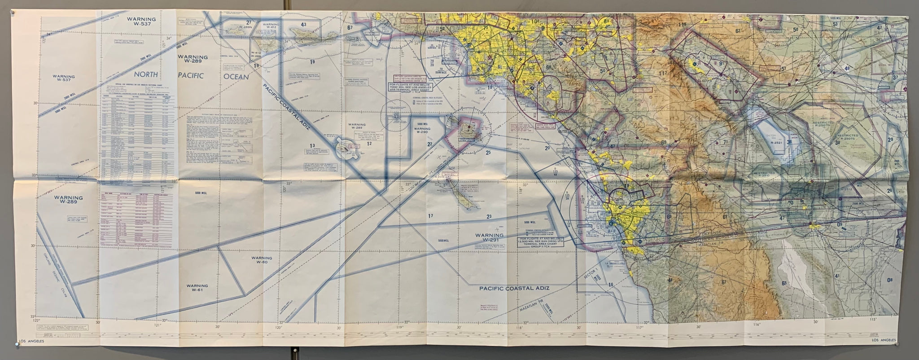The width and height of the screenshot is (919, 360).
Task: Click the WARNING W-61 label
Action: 197,288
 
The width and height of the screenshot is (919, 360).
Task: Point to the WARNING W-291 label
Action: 490,238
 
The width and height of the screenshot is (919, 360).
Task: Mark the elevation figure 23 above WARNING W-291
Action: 488,217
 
